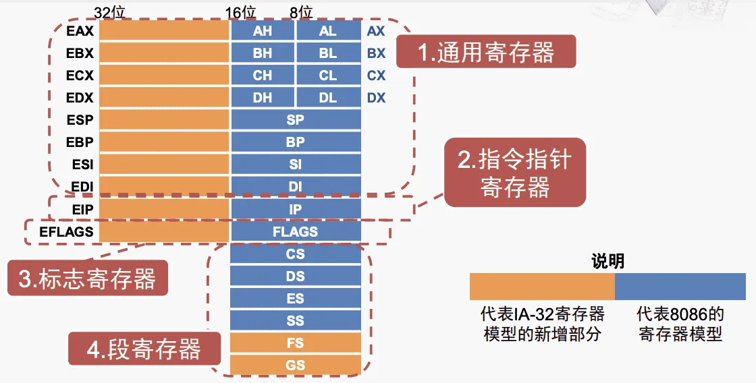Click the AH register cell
(263, 32)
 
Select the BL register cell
(328, 54)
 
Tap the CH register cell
(263, 76)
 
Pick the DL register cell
(328, 98)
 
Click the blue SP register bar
(296, 120)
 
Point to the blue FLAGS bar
(296, 231)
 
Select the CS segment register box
(296, 254)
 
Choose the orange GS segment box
(296, 365)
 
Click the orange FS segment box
(296, 343)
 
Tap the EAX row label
(80, 31)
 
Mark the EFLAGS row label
(66, 231)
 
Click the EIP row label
(82, 209)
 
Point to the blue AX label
(376, 32)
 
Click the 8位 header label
(300, 11)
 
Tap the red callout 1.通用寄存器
(486, 52)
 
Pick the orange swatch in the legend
(542, 286)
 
